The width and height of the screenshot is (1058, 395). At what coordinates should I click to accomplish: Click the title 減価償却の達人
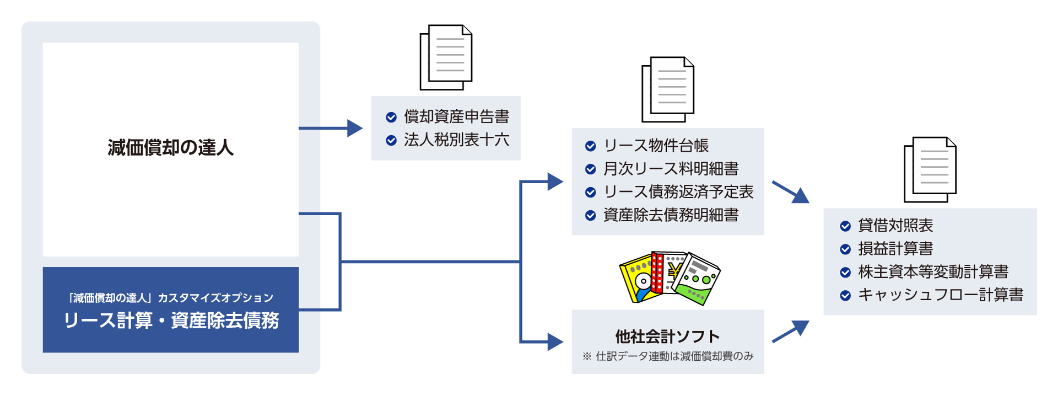[171, 148]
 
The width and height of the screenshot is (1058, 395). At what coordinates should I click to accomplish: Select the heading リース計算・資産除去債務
[171, 321]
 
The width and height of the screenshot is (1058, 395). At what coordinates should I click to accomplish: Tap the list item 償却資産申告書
[456, 117]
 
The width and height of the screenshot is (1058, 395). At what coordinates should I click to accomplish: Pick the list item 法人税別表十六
[456, 140]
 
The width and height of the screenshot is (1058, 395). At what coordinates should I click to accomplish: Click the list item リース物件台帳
[656, 146]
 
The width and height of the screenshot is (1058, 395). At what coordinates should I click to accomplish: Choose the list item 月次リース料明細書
[671, 169]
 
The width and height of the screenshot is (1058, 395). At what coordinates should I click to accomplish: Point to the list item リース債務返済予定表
[678, 192]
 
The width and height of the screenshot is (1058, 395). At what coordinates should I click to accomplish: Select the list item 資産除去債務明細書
[671, 215]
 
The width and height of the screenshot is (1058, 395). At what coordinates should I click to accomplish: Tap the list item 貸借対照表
[895, 226]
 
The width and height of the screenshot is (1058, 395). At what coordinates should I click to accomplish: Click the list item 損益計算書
[895, 249]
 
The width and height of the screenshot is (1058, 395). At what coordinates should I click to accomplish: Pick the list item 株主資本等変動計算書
[933, 272]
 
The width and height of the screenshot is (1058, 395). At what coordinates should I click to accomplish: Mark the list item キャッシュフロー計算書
[941, 295]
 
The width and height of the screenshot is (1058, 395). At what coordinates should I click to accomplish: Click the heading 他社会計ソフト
[667, 337]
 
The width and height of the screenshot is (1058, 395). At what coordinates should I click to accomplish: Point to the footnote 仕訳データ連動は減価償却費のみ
[674, 356]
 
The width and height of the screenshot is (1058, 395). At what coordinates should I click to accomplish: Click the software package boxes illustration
[669, 278]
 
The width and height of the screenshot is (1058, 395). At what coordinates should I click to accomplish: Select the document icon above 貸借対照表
[930, 169]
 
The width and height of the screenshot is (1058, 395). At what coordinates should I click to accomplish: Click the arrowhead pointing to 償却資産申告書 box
[355, 129]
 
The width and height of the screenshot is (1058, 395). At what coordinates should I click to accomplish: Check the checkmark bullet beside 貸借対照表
[845, 226]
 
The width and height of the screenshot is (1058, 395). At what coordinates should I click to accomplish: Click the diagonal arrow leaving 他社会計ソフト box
[791, 332]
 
